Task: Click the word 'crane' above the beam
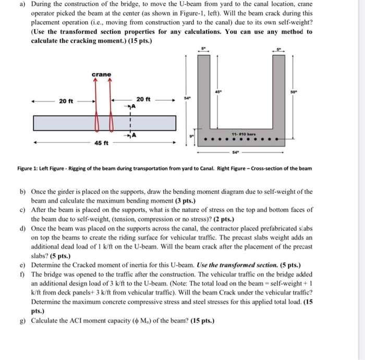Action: point(101,75)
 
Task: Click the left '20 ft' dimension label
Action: point(67,101)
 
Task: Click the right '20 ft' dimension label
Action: point(143,99)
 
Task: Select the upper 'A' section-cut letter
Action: point(133,107)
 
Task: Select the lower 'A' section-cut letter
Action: point(133,136)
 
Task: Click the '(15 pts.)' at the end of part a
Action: point(137,41)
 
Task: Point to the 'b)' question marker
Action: point(23,192)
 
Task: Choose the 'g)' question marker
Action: point(23,320)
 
